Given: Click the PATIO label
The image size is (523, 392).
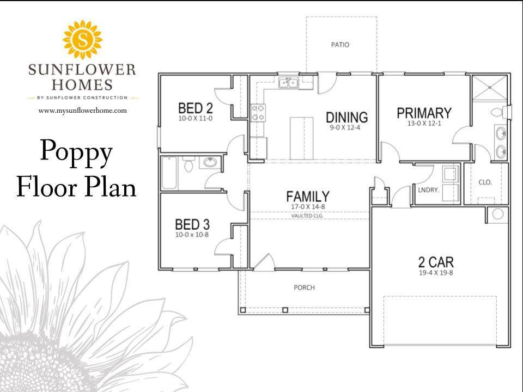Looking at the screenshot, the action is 340,45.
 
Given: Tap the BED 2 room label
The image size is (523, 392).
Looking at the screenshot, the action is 196,108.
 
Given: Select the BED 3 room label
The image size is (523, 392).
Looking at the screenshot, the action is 192,224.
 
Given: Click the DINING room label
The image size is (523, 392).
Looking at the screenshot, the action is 347,117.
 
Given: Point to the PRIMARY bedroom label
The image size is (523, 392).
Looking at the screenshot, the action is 424,113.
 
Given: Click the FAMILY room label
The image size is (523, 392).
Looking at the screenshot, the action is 308,197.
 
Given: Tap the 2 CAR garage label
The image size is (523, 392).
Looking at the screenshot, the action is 436,262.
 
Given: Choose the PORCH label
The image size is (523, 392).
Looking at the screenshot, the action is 304,287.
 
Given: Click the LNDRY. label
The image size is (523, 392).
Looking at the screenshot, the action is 428,189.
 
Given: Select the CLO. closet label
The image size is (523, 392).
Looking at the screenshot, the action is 485,182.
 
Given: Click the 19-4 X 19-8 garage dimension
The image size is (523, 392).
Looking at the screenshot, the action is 436,273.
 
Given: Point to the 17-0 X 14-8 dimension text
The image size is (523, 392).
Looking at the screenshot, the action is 308,207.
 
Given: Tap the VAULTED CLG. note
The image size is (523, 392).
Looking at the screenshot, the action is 307,216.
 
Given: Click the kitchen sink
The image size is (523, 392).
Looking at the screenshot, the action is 289,82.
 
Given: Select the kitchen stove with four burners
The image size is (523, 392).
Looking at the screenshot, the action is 258,113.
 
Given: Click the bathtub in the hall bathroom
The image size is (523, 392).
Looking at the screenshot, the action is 169,173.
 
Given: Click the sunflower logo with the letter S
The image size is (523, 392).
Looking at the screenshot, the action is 82,40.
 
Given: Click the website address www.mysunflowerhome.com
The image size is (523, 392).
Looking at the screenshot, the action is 82,111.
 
